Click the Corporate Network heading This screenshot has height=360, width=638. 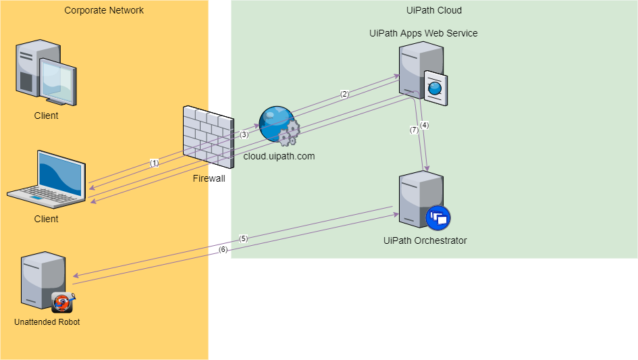tap(104, 10)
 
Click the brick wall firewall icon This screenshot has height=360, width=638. tap(208, 137)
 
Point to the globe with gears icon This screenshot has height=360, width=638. tap(279, 126)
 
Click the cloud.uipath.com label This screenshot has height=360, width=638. tap(279, 156)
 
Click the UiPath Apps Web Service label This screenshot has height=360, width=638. tap(423, 33)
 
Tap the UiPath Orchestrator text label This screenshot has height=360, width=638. tap(425, 240)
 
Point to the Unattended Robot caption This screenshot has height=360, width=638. tap(47, 322)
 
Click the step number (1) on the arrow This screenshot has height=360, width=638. tap(154, 163)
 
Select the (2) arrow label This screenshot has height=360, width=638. tap(344, 94)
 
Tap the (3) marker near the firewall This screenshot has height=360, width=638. tap(244, 134)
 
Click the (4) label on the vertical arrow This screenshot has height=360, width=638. tap(424, 125)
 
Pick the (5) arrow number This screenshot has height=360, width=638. tap(243, 238)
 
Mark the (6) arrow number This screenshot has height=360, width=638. tap(223, 250)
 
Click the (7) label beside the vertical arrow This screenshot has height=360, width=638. tap(414, 130)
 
